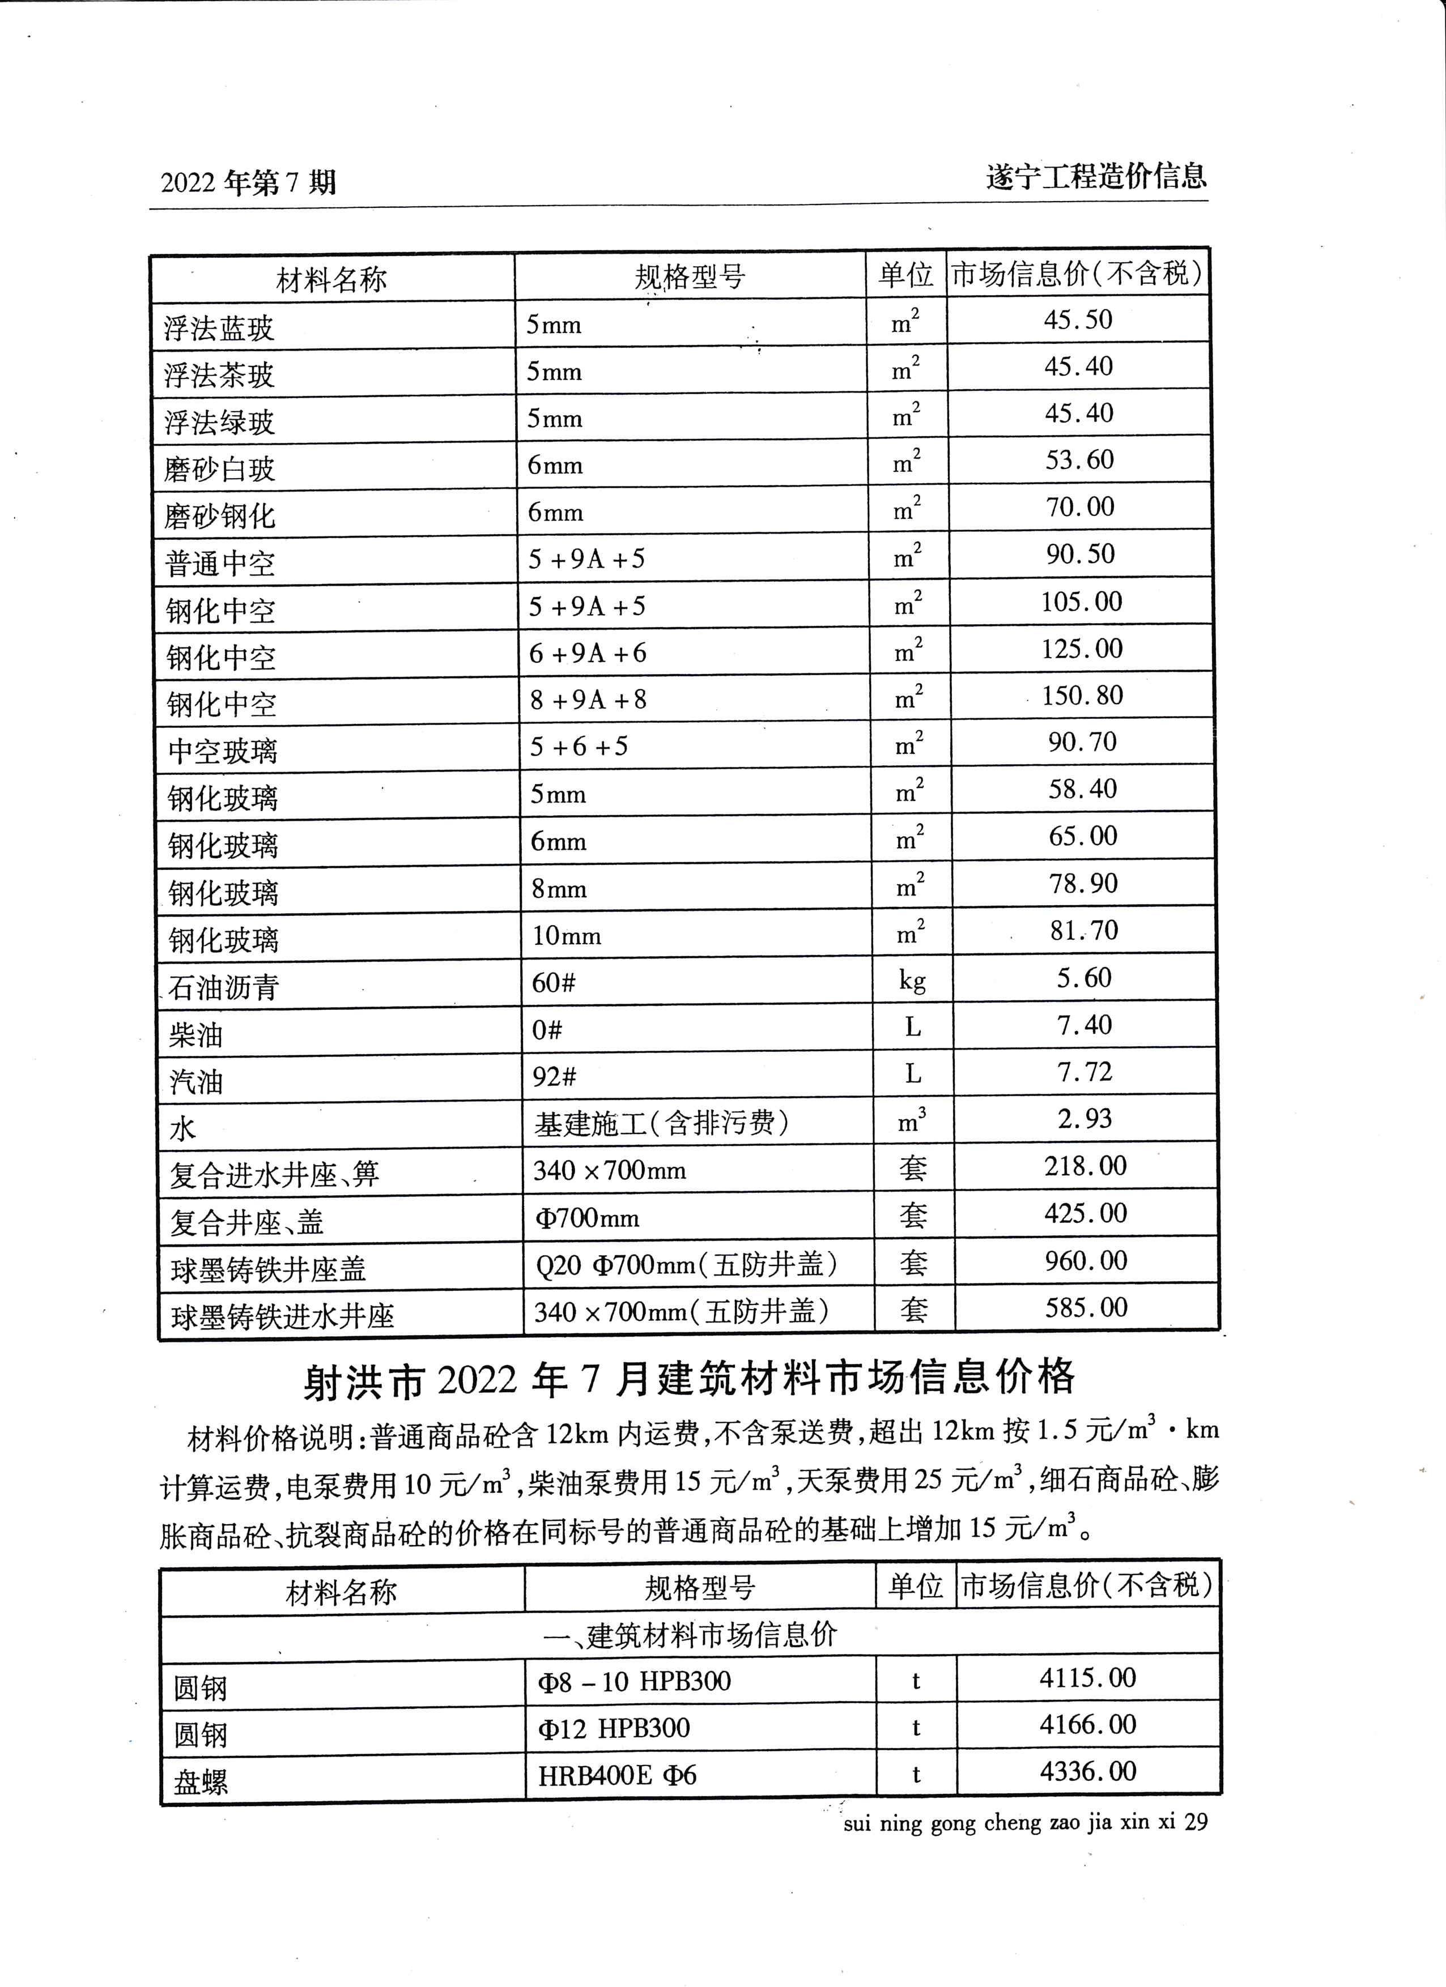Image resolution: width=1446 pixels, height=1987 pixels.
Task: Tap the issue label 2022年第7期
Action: tap(248, 183)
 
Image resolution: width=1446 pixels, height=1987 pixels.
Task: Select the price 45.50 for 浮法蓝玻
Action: tap(1078, 320)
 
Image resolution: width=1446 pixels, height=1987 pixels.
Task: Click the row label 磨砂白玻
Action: tap(219, 470)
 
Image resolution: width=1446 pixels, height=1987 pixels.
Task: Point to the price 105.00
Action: tap(1082, 602)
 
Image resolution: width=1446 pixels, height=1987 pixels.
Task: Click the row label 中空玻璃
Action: tap(223, 752)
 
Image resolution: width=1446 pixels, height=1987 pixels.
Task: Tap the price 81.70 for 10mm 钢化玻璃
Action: tap(1084, 931)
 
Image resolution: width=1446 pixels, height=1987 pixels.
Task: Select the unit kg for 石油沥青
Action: tap(912, 980)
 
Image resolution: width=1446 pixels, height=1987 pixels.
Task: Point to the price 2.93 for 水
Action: tap(1085, 1119)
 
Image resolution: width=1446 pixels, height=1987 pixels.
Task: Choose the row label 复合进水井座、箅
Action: tap(274, 1175)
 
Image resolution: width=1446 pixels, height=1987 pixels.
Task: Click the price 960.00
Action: tap(1086, 1261)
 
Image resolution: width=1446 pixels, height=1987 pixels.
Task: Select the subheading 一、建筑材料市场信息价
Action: tap(690, 1635)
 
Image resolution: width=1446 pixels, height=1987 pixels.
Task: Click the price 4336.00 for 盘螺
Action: tap(1087, 1772)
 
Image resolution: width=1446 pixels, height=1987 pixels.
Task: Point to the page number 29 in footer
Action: tap(1196, 1822)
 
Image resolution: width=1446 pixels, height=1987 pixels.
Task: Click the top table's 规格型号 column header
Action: tap(690, 278)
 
